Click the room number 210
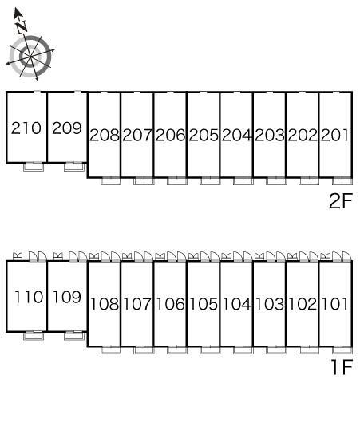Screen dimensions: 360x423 (26, 128)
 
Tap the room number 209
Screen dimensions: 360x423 (67, 128)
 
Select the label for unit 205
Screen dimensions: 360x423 (204, 135)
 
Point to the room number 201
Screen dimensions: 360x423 (334, 135)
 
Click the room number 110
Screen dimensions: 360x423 (28, 297)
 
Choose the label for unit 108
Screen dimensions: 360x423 (104, 304)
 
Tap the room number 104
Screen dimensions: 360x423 (236, 304)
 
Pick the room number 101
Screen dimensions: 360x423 (334, 304)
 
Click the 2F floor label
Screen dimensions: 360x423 (341, 201)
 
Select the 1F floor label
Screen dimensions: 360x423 (342, 367)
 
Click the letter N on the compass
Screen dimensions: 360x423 (22, 27)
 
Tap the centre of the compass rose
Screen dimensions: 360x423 (30, 57)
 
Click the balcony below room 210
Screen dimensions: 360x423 (34, 168)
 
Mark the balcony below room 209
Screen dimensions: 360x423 (74, 168)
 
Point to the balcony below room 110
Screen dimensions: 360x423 (34, 336)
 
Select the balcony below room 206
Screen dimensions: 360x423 (177, 181)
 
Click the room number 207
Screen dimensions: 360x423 (137, 135)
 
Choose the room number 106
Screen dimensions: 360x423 (170, 304)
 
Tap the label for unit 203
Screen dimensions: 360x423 (270, 135)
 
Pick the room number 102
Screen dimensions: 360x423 (303, 304)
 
